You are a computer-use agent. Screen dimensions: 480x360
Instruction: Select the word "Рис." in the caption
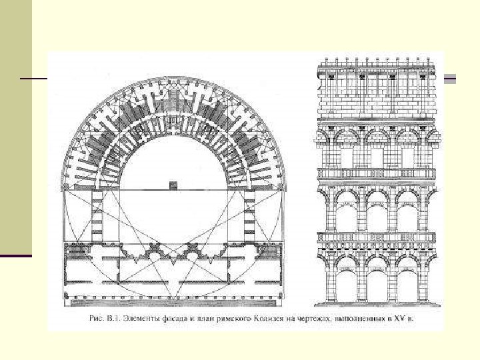(97, 319)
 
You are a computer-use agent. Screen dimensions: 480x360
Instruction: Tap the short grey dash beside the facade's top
(450, 79)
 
